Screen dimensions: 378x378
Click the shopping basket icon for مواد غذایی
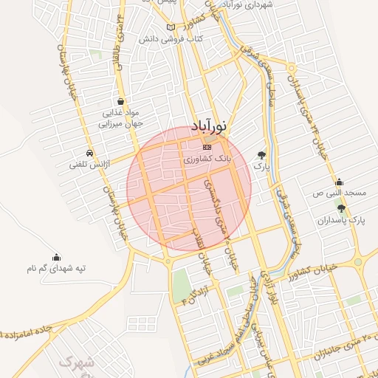pos(120,101)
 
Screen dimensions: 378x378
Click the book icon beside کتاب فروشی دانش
pos(171,27)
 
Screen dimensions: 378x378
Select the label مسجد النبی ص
pos(340,193)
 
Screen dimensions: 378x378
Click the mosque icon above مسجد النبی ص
pos(339,182)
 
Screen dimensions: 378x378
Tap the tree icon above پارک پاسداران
pos(340,209)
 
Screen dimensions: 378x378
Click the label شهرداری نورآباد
pos(252,5)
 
